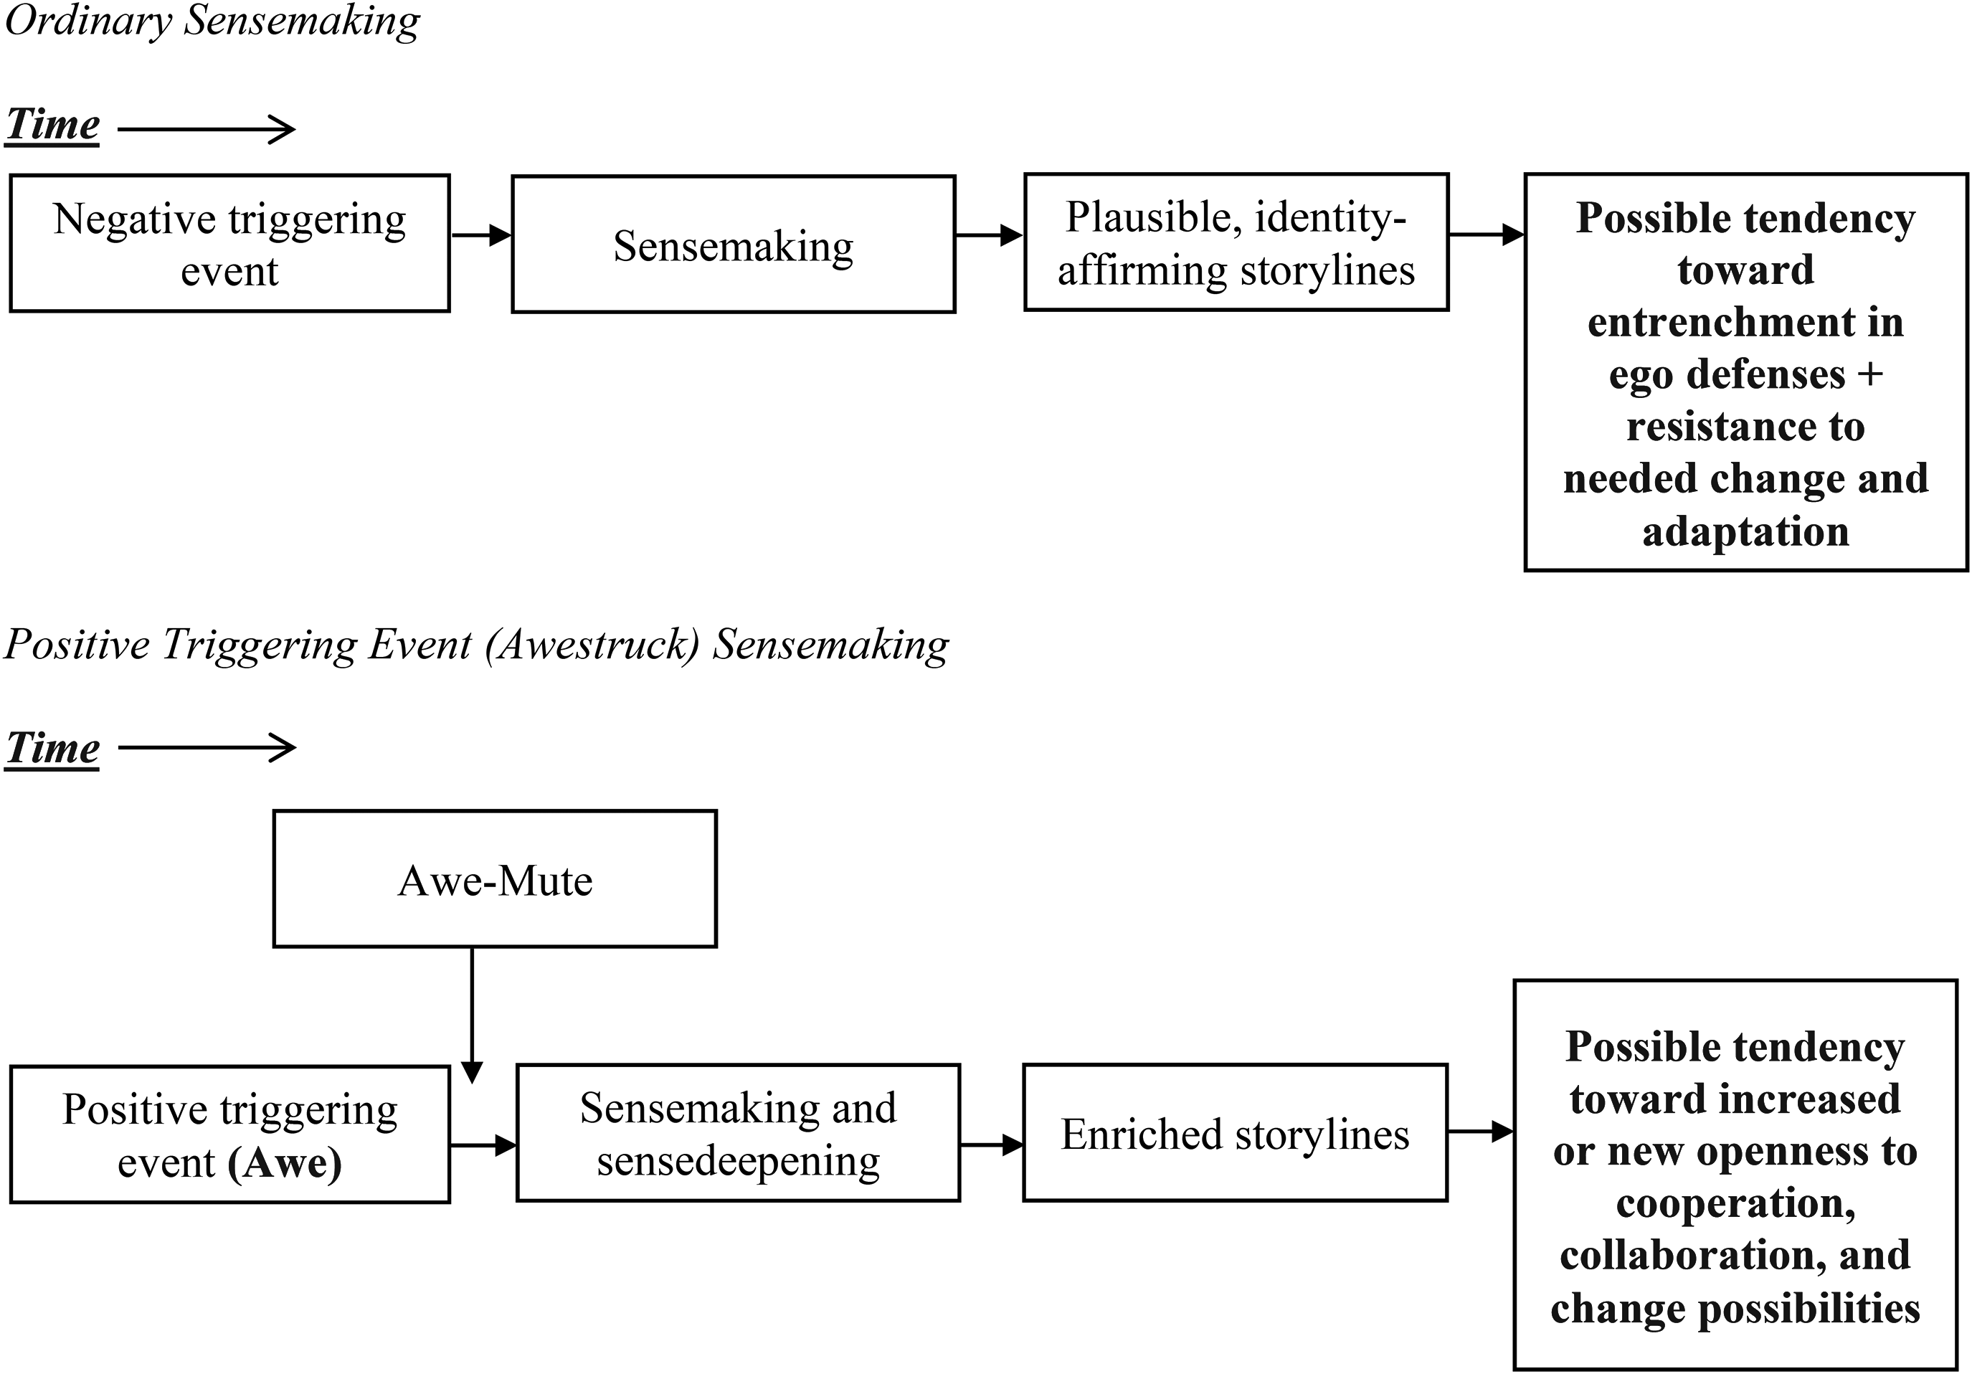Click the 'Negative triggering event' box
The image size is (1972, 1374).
point(229,243)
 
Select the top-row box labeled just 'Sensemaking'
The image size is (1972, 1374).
point(734,245)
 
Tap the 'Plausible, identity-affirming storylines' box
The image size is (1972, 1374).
point(1236,242)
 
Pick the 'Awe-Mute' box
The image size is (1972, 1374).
point(495,878)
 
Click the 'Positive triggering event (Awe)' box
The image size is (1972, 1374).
point(229,1134)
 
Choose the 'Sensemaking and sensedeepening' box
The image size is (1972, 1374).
point(738,1133)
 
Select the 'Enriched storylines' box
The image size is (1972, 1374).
point(1235,1133)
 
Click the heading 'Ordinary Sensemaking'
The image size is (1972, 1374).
point(212,21)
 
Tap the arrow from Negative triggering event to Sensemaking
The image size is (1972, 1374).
point(481,234)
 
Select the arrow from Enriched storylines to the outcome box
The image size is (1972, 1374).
point(1481,1131)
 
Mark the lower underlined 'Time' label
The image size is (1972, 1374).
point(52,748)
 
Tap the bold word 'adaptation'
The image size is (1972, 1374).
point(1745,531)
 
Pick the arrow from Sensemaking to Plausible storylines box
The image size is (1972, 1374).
point(990,234)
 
